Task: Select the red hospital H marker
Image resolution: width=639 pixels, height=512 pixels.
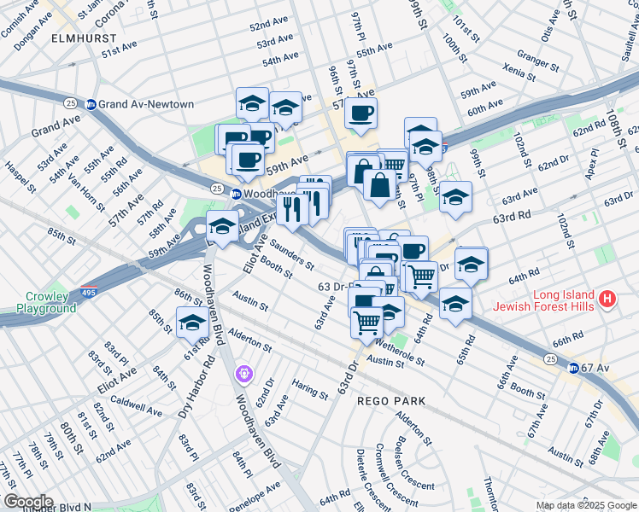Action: (x=607, y=299)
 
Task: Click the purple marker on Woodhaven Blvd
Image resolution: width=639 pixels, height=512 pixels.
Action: (x=244, y=373)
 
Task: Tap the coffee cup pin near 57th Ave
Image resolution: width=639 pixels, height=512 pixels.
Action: (x=361, y=113)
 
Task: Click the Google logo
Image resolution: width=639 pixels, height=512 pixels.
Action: (x=27, y=502)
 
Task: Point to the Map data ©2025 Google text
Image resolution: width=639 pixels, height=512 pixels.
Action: (x=586, y=505)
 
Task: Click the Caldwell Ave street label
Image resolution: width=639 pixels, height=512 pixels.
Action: (x=136, y=405)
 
